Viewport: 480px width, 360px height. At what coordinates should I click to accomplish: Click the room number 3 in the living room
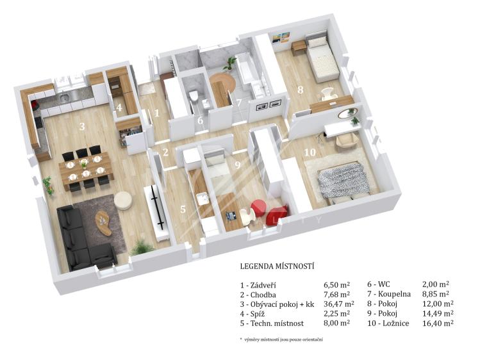(x=82, y=126)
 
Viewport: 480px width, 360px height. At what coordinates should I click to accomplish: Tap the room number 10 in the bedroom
(x=310, y=152)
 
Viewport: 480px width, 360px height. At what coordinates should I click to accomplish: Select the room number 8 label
(x=301, y=90)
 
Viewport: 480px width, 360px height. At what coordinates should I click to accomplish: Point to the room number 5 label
(x=183, y=209)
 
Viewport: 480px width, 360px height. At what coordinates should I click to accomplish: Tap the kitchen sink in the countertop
(x=65, y=98)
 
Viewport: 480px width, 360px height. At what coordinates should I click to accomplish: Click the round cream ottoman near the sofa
(x=123, y=200)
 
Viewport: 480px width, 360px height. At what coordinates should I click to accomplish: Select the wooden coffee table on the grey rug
(x=103, y=223)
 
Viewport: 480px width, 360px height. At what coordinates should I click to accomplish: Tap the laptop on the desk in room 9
(x=231, y=215)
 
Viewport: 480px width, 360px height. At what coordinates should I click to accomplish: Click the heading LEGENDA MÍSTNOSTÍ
(x=277, y=266)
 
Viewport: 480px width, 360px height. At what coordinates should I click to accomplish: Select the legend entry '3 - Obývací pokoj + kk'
(x=277, y=304)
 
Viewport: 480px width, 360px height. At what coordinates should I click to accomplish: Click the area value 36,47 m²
(x=339, y=304)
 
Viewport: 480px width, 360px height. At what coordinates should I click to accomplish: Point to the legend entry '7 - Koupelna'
(x=389, y=294)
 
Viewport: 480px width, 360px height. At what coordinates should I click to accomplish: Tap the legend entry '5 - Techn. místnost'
(x=272, y=323)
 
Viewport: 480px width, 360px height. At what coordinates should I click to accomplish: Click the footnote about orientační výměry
(x=281, y=340)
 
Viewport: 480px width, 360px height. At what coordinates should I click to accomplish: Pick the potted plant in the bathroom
(x=229, y=63)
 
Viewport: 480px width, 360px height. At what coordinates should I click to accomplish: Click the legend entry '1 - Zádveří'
(x=258, y=285)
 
